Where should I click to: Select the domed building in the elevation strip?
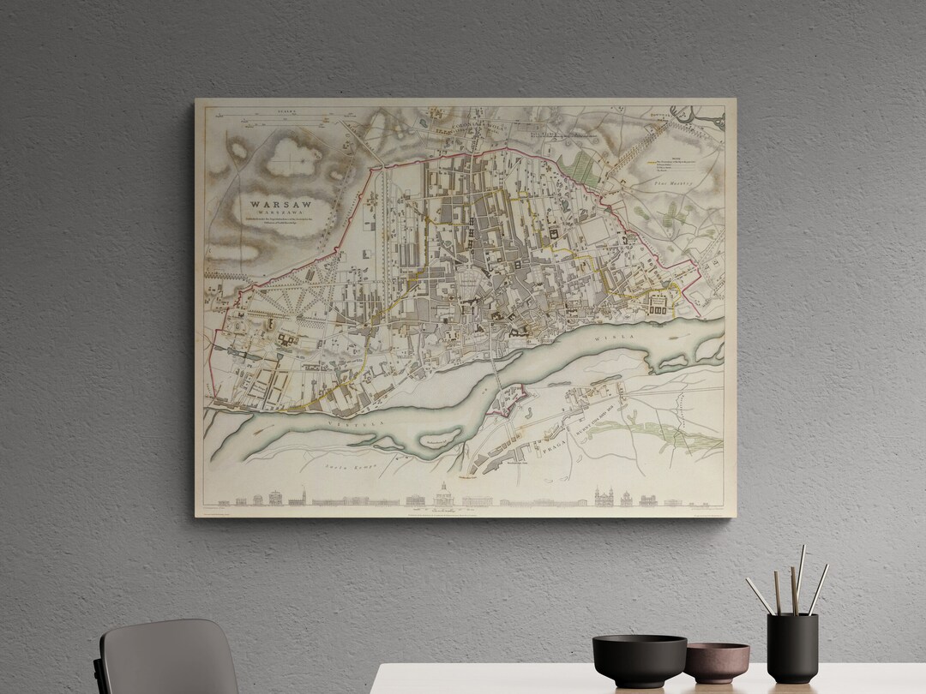tap(443, 494)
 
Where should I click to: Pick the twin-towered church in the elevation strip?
tap(603, 496)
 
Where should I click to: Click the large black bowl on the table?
tap(639, 660)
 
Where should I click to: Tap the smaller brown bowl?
tap(717, 662)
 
